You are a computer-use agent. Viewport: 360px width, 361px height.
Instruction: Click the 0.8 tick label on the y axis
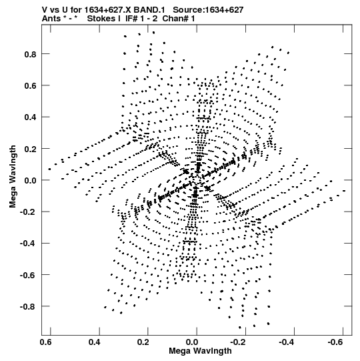pyautogui.click(x=31, y=54)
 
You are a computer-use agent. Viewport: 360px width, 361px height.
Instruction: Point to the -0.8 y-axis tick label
pyautogui.click(x=28, y=307)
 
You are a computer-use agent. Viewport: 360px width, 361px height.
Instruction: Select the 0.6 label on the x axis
pyautogui.click(x=46, y=342)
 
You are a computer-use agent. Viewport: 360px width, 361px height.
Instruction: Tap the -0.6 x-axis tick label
pyautogui.click(x=336, y=342)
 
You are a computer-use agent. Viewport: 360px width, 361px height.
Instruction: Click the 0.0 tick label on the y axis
pyautogui.click(x=31, y=180)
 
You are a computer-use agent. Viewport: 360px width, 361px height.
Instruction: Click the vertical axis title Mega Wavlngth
pyautogui.click(x=13, y=177)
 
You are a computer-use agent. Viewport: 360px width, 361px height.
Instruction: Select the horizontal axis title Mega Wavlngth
pyautogui.click(x=200, y=351)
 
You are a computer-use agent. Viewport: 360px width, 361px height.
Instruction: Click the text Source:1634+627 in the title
pyautogui.click(x=208, y=10)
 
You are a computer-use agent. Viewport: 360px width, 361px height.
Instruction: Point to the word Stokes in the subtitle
pyautogui.click(x=101, y=19)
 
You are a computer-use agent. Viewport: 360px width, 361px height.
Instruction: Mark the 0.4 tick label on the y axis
pyautogui.click(x=31, y=117)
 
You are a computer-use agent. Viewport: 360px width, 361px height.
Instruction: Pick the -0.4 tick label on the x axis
pyautogui.click(x=287, y=342)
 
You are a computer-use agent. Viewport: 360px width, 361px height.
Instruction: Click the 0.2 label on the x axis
pyautogui.click(x=143, y=342)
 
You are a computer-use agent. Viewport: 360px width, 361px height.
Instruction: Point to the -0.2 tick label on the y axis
pyautogui.click(x=28, y=212)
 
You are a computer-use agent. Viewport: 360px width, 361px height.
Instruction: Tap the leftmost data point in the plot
pyautogui.click(x=49, y=169)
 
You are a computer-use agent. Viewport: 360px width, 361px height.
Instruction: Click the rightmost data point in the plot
pyautogui.click(x=344, y=191)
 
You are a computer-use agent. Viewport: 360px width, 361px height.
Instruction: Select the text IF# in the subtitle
pyautogui.click(x=131, y=19)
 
